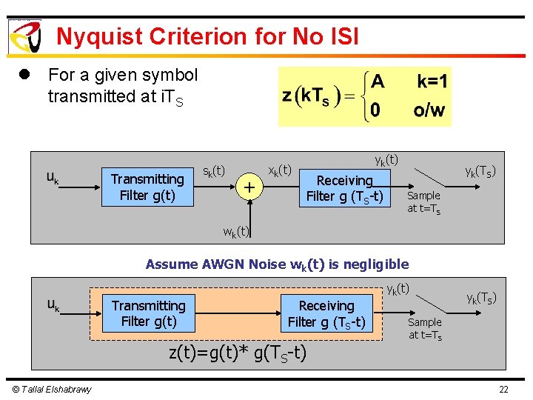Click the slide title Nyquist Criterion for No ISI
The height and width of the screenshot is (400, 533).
(207, 36)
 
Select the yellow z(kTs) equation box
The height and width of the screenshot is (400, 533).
(364, 96)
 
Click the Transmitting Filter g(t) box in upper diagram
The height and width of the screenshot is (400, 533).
(147, 187)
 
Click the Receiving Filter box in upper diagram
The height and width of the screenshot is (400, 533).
(344, 188)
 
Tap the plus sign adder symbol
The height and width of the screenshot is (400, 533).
(250, 187)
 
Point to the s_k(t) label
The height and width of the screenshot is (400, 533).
(214, 171)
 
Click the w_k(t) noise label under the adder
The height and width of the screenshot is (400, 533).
(236, 232)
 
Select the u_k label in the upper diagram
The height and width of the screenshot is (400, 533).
(53, 178)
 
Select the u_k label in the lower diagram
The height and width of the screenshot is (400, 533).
(53, 304)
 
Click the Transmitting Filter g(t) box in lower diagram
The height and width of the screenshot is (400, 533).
(149, 313)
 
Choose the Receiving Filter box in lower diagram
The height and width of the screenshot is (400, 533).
(326, 313)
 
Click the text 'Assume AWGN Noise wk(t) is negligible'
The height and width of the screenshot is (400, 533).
(277, 264)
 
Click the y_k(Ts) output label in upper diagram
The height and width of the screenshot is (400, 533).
(480, 171)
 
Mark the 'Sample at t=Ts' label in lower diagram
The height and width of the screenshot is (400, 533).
(425, 328)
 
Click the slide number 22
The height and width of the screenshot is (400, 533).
(503, 390)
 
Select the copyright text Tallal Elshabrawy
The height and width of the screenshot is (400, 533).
(51, 390)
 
